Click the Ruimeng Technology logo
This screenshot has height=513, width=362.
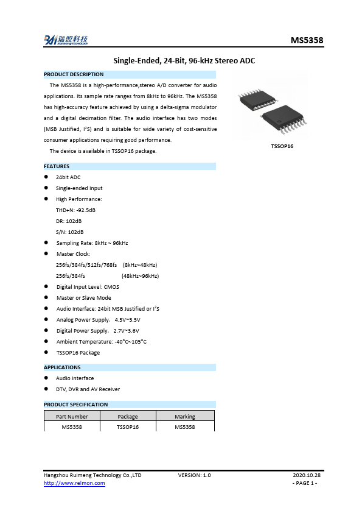(66, 40)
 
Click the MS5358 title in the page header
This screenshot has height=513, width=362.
(307, 41)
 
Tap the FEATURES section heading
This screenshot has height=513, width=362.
(57, 166)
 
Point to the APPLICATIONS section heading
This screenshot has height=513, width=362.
(62, 367)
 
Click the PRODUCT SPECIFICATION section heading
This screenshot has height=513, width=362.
(75, 405)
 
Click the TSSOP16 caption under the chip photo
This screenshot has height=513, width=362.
(282, 146)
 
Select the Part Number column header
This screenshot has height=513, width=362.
(72, 417)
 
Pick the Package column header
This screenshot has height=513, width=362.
(128, 417)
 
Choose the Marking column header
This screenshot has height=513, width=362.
(185, 417)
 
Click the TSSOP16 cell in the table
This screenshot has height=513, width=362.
(128, 427)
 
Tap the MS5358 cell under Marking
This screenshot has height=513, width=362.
(185, 427)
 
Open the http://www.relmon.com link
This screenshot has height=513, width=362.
(74, 483)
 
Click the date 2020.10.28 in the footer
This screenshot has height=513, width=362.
(306, 475)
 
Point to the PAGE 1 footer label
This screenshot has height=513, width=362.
(305, 483)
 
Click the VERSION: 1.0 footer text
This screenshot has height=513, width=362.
(194, 475)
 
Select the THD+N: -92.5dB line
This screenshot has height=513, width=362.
(75, 210)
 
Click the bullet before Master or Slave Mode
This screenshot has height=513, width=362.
(47, 298)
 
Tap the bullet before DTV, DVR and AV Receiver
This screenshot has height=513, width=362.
(47, 389)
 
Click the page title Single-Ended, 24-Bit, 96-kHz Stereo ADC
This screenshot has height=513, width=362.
(184, 60)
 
